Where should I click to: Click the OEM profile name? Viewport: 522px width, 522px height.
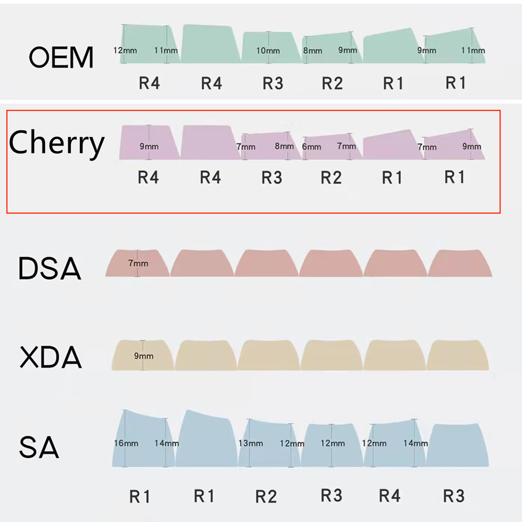click(61, 57)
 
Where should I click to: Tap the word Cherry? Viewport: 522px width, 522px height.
click(57, 143)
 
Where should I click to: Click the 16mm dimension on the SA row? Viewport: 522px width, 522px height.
click(126, 443)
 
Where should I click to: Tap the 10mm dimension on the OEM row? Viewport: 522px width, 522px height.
click(268, 50)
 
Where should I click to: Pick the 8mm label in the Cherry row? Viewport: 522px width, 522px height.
click(284, 146)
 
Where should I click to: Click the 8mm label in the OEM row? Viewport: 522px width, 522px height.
click(313, 50)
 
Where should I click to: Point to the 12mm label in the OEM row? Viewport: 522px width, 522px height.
click(125, 50)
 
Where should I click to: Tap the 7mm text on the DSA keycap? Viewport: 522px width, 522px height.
click(138, 263)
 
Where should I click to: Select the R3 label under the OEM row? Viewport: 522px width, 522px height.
click(273, 83)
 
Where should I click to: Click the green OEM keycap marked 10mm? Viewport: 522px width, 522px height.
click(271, 48)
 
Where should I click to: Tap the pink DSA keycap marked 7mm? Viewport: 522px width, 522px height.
click(137, 263)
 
